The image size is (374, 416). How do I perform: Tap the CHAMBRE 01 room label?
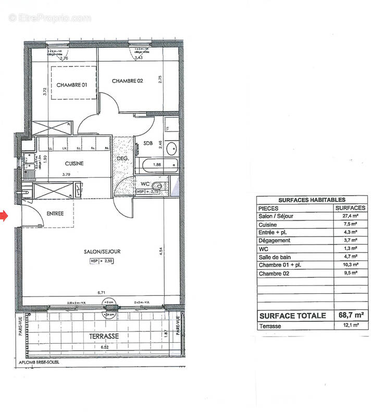[71, 85]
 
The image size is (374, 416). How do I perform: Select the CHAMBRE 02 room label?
[127, 81]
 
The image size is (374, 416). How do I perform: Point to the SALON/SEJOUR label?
[102, 252]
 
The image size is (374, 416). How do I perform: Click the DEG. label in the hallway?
[122, 159]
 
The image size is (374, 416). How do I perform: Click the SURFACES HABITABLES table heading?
[311, 199]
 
